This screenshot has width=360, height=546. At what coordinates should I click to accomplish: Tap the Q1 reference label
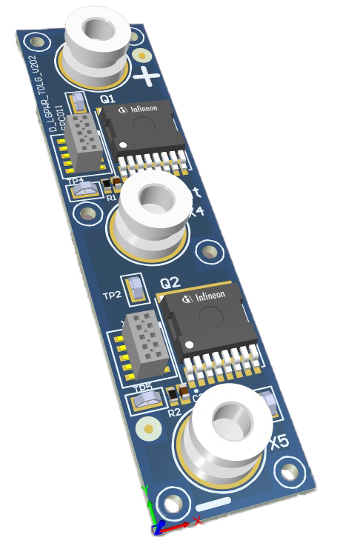tap(107, 98)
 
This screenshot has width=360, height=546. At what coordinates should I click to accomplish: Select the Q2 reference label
tap(170, 283)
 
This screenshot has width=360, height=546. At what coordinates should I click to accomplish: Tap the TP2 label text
tap(112, 296)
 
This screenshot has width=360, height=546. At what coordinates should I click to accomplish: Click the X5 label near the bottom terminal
tap(279, 442)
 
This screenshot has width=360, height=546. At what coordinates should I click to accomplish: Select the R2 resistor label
tap(174, 412)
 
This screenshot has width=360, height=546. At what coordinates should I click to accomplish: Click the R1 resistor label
tap(111, 198)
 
